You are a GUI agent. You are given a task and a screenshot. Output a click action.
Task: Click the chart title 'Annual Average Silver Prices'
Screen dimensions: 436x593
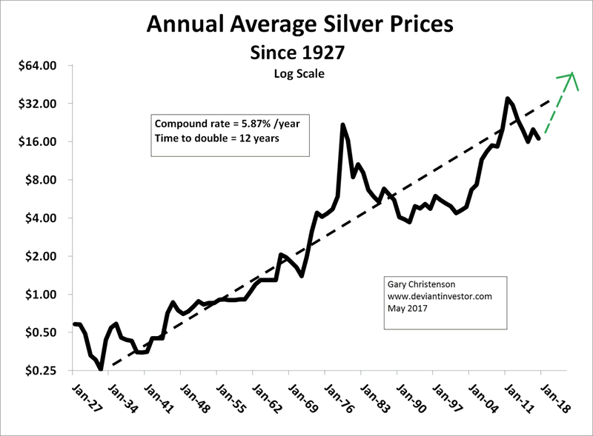300,26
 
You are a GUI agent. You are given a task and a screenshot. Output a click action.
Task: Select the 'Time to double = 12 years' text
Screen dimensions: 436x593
206,138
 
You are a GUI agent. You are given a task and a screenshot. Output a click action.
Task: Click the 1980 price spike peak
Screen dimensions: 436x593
342,125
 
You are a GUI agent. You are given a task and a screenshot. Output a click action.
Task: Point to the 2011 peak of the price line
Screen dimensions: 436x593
507,98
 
